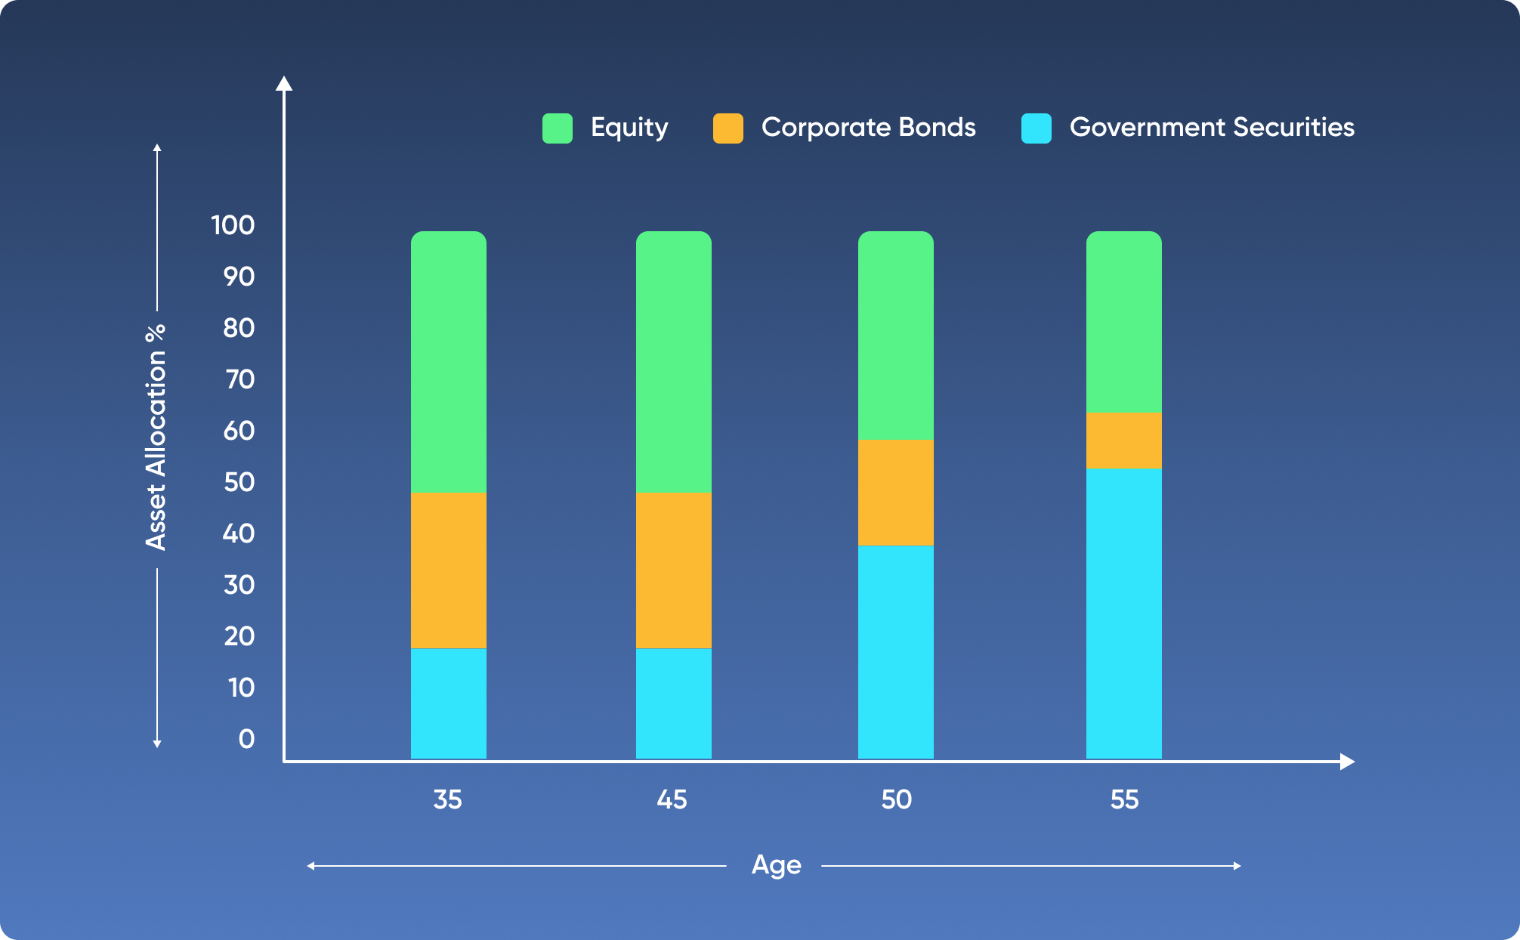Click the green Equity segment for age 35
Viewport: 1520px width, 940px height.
449,362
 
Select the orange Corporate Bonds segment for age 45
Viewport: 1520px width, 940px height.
674,570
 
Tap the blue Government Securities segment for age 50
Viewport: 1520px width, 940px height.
896,651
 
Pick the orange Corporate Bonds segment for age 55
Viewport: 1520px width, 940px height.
1124,440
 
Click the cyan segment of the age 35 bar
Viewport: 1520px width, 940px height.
449,703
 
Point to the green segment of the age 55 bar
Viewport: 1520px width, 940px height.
1124,322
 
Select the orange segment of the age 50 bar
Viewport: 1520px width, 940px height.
896,492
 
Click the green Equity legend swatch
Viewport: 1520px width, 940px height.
558,128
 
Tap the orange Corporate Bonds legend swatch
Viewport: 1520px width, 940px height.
728,128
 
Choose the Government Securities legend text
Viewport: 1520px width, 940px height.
1212,127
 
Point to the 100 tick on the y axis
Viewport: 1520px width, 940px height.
233,225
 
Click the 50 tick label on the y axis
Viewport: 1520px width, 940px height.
239,482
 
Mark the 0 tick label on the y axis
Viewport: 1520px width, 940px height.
246,739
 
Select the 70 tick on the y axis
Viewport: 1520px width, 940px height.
239,379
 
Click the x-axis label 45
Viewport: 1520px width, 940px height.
672,799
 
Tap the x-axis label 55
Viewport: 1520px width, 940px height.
1124,799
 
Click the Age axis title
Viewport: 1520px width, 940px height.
776,864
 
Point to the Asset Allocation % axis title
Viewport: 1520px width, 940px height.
156,438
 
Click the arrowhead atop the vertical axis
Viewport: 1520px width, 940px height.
284,83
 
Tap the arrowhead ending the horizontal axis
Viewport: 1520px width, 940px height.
1346,762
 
